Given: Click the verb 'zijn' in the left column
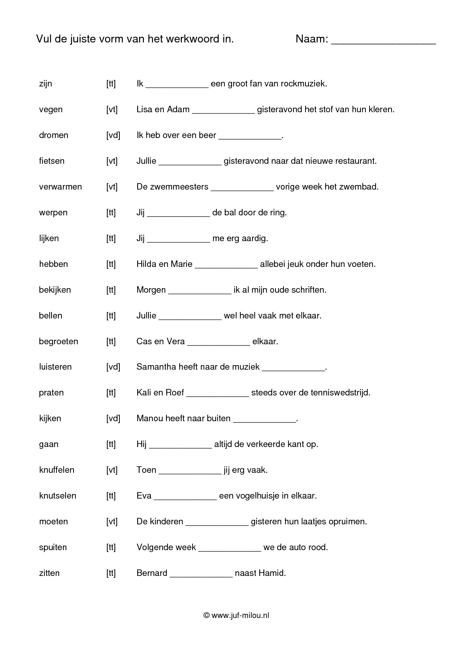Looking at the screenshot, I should [45, 84].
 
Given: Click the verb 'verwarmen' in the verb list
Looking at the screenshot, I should [60, 187].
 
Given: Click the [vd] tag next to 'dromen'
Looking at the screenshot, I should [113, 135].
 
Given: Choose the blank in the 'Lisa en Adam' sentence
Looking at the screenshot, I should [223, 111].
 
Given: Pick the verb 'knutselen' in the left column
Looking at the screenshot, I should [58, 496].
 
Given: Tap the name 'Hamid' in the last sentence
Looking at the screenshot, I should [272, 573].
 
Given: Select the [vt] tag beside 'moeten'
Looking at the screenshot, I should [112, 522].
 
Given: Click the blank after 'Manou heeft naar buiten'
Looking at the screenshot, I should [264, 420].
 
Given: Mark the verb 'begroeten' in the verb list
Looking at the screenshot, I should [58, 342].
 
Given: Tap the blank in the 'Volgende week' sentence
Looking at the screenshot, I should [230, 549].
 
